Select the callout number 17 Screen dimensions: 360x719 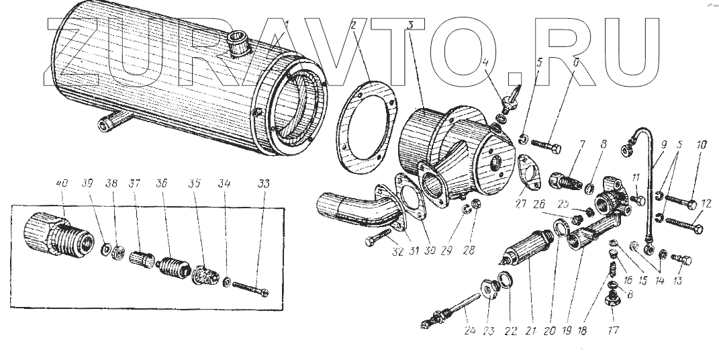coord(613,330)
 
